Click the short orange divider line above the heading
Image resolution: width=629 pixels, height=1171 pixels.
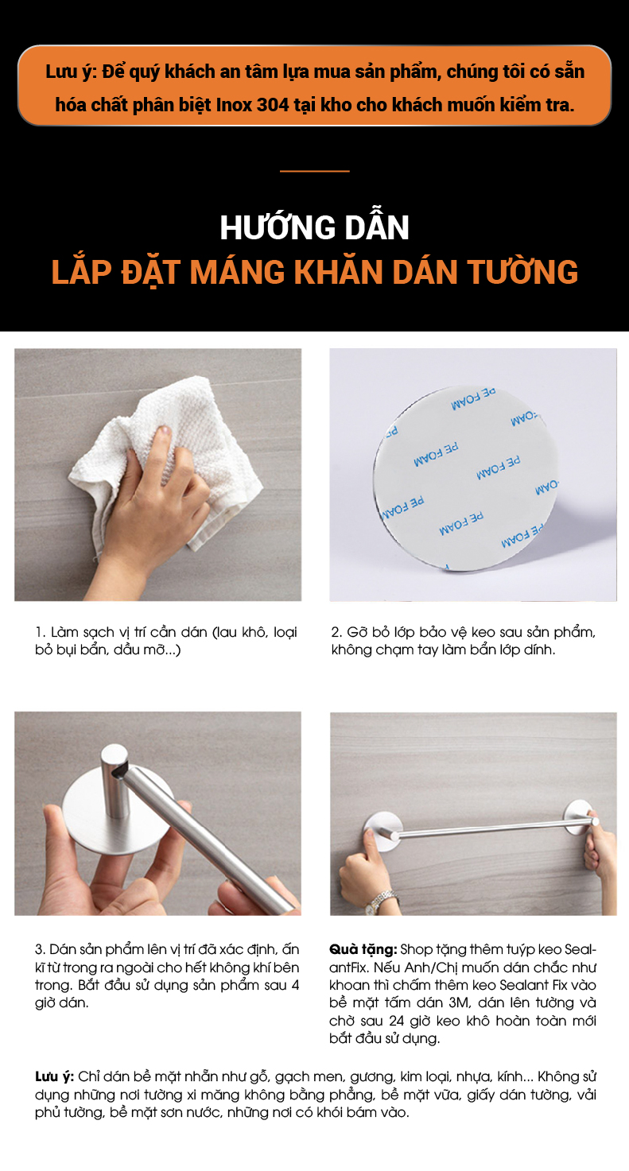click(315, 171)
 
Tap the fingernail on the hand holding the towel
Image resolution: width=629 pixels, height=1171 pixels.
click(165, 432)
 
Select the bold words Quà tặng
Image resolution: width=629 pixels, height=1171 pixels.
click(363, 949)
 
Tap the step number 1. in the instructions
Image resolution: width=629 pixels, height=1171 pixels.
click(41, 632)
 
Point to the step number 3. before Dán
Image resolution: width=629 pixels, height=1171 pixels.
click(41, 949)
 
